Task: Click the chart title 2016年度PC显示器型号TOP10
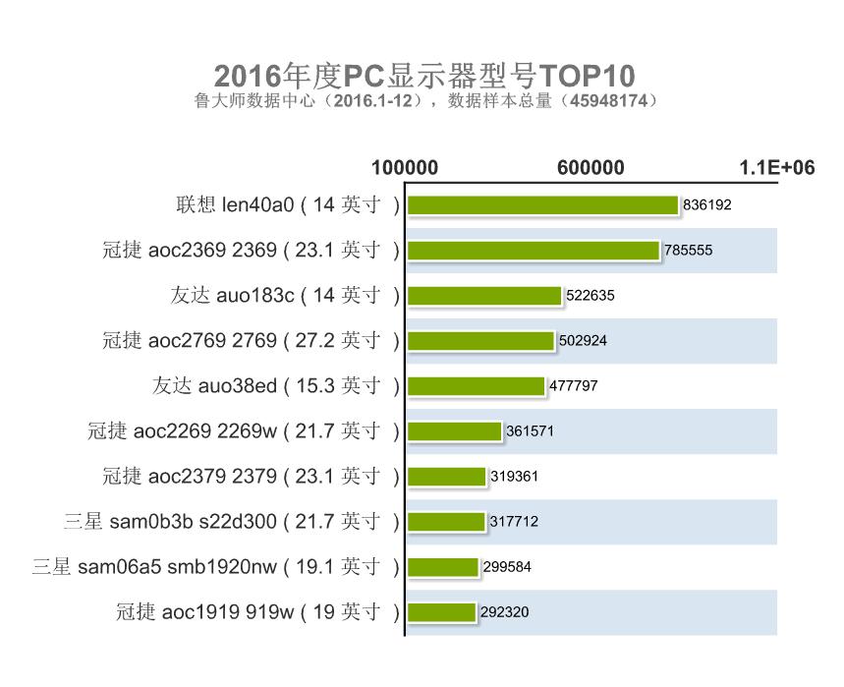424,77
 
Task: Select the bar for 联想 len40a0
542,205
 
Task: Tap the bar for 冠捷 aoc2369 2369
533,251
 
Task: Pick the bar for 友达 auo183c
483,296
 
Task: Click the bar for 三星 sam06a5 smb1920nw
442,567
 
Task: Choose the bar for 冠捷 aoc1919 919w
441,612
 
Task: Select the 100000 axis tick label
405,168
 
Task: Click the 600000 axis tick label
591,168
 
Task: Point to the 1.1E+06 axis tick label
777,168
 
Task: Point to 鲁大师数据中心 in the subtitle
254,101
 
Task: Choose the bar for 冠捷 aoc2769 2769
480,341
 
